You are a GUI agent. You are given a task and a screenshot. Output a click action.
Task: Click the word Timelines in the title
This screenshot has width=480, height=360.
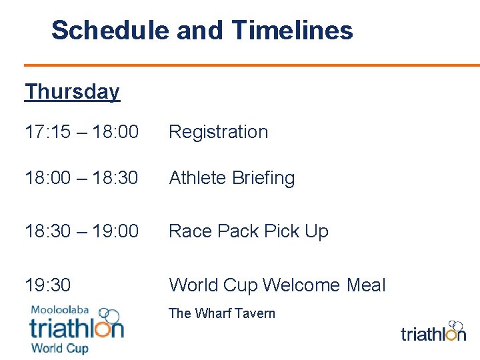(293, 30)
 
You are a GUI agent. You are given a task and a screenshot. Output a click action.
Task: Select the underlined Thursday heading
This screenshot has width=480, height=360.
(72, 91)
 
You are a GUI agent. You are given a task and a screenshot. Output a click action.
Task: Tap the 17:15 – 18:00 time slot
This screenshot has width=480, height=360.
(81, 132)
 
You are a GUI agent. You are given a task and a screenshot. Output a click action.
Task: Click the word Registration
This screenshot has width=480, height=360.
(219, 132)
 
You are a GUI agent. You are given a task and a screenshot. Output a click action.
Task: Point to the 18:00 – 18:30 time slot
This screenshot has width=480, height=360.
(81, 178)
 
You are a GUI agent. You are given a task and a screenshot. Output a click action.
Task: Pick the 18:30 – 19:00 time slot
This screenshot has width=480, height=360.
(81, 231)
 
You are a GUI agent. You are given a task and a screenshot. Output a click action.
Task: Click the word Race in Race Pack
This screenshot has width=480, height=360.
(189, 231)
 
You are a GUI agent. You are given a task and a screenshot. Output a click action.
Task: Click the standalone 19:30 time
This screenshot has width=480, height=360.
(47, 285)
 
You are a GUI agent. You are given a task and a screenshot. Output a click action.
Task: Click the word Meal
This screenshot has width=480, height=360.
(366, 285)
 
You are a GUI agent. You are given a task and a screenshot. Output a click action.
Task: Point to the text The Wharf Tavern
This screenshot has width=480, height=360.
(222, 313)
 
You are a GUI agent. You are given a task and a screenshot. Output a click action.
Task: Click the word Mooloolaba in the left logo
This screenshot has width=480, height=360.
(60, 310)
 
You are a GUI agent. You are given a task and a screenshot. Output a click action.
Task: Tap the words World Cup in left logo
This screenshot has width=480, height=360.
(59, 347)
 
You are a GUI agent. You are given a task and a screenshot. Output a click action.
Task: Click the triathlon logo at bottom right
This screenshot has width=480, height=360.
(433, 331)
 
